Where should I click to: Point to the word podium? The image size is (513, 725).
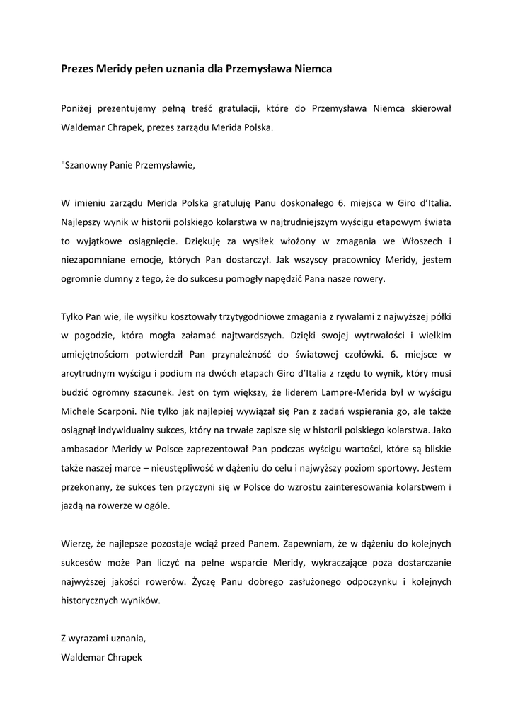[x=171, y=373]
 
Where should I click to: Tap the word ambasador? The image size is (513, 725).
[x=86, y=449]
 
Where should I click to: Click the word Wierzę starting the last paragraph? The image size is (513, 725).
[x=76, y=544]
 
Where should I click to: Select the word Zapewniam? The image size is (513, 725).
[x=306, y=544]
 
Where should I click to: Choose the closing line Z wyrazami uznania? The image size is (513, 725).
[x=103, y=638]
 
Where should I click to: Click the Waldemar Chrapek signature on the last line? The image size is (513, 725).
[x=102, y=657]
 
